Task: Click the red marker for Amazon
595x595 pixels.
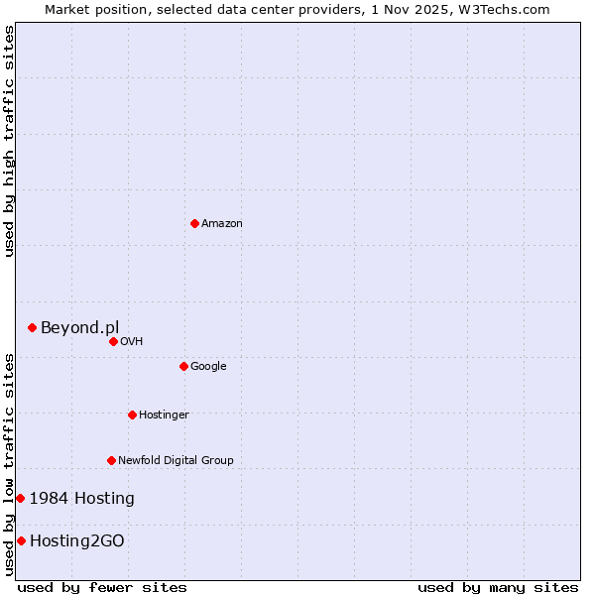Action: click(194, 223)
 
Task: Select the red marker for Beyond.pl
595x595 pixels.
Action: click(32, 327)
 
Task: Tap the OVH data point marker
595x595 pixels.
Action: click(113, 341)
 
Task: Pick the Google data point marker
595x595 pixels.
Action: click(183, 366)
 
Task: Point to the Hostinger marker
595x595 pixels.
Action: click(132, 415)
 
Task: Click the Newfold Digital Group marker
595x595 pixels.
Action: click(111, 460)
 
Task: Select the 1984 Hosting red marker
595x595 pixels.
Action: click(20, 498)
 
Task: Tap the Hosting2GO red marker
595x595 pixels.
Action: click(21, 540)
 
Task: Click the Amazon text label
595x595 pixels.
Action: click(222, 223)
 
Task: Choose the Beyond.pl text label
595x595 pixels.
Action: click(79, 327)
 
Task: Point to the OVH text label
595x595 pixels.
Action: click(132, 341)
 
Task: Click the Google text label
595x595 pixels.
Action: click(208, 366)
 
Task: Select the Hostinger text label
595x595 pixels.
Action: click(164, 415)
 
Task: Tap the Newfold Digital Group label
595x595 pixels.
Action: click(176, 460)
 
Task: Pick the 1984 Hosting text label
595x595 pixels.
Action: click(81, 498)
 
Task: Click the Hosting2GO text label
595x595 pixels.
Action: click(77, 540)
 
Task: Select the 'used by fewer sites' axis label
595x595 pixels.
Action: click(102, 587)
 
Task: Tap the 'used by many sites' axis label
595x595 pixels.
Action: click(498, 587)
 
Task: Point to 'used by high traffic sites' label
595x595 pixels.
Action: click(9, 141)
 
